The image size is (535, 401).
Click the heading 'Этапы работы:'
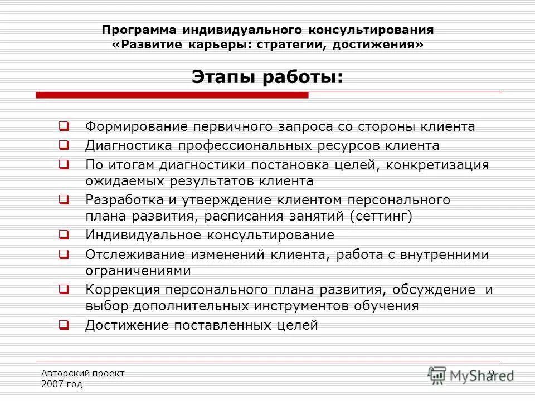[267, 76]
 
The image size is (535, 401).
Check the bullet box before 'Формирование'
[64, 126]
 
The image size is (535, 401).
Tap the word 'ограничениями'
[138, 271]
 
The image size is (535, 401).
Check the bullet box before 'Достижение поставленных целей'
[64, 325]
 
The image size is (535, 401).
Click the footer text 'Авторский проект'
[83, 373]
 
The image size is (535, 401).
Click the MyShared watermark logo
[471, 375]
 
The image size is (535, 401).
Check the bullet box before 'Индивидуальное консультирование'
[64, 235]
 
